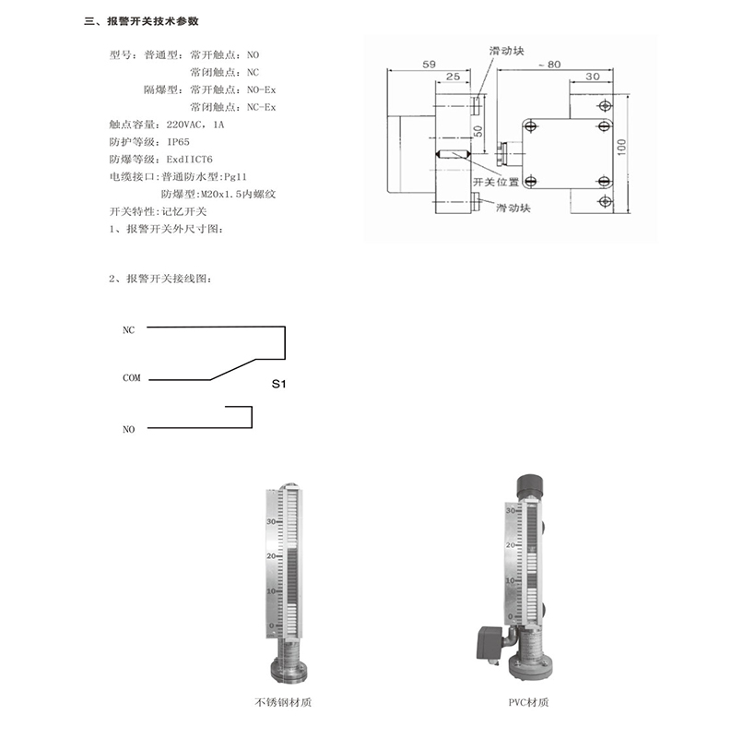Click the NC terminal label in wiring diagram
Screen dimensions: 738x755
pyautogui.click(x=128, y=329)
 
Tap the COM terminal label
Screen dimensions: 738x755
pyautogui.click(x=131, y=378)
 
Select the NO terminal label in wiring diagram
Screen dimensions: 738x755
pyautogui.click(x=128, y=429)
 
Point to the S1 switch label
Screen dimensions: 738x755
pyautogui.click(x=279, y=384)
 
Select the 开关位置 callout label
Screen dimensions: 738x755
pyautogui.click(x=496, y=181)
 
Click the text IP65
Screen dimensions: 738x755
pyautogui.click(x=178, y=142)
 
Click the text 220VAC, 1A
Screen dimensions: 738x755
pyautogui.click(x=195, y=125)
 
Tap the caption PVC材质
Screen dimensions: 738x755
pyautogui.click(x=528, y=702)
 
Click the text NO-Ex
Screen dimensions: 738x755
pyautogui.click(x=262, y=89)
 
